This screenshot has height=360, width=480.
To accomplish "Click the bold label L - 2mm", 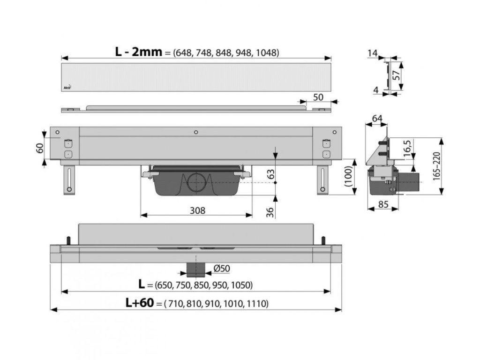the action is coord(138,52).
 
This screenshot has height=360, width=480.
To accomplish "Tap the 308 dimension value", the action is coord(198,210).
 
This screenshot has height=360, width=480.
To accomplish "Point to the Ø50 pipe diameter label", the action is coord(221,268).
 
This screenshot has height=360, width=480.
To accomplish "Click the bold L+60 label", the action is coord(139,303).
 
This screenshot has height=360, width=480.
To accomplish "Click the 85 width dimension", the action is coord(383,204).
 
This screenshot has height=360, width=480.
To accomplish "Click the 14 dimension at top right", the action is coord(372,54).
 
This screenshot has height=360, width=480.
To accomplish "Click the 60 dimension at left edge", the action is coord(40,148).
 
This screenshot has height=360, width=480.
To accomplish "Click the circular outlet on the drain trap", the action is coord(195,182).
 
